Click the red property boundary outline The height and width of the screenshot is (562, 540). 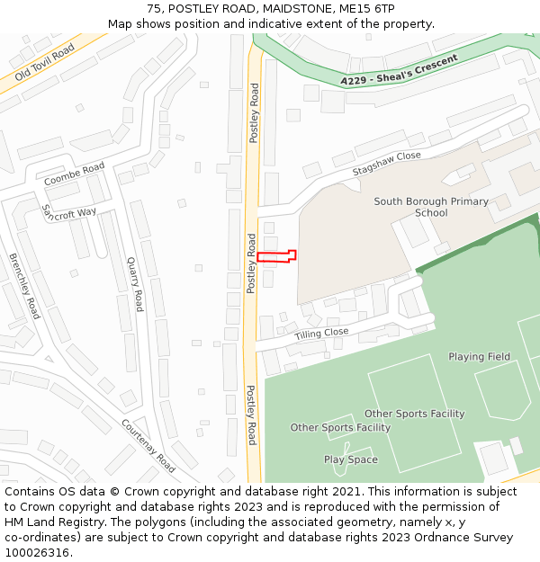(276, 257)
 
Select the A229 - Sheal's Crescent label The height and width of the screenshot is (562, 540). (399, 70)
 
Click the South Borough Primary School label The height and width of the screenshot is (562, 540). (431, 208)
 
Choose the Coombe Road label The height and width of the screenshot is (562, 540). (75, 174)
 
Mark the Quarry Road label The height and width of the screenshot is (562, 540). (135, 283)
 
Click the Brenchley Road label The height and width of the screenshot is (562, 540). (24, 286)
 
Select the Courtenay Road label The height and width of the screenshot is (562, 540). (148, 447)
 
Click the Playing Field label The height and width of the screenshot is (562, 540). (479, 357)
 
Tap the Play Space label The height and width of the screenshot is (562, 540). (351, 459)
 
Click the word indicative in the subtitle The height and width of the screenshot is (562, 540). (274, 24)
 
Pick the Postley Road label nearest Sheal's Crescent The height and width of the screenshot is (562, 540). (255, 113)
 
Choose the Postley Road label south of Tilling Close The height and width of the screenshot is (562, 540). (252, 415)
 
